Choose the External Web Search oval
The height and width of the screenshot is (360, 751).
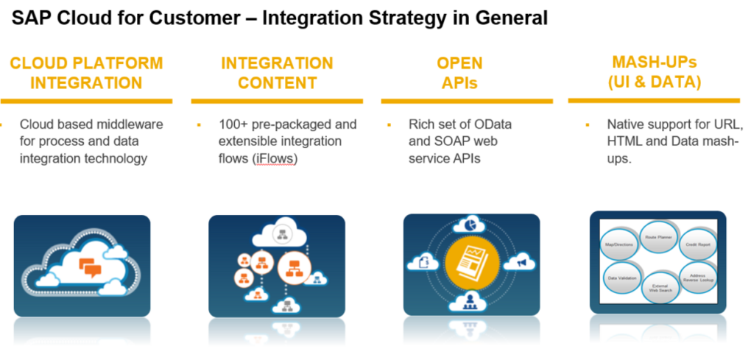coord(658,288)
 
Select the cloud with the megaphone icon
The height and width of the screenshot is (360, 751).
coord(521,261)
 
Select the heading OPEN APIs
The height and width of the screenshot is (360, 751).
coord(459,72)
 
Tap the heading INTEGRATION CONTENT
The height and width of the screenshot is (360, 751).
coord(277,72)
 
